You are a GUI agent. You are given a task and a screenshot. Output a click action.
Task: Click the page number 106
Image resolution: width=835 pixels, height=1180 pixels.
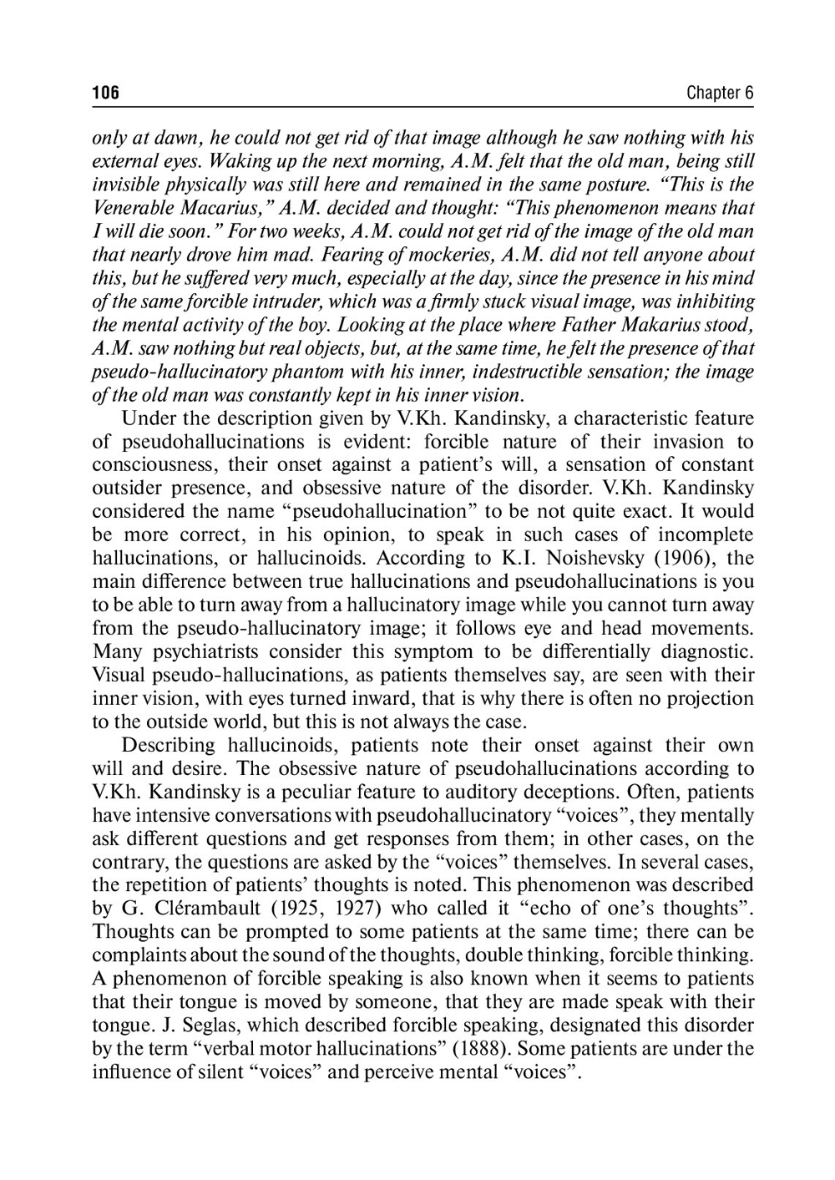(106, 93)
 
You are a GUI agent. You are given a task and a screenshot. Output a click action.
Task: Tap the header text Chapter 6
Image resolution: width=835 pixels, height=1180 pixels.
(719, 93)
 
